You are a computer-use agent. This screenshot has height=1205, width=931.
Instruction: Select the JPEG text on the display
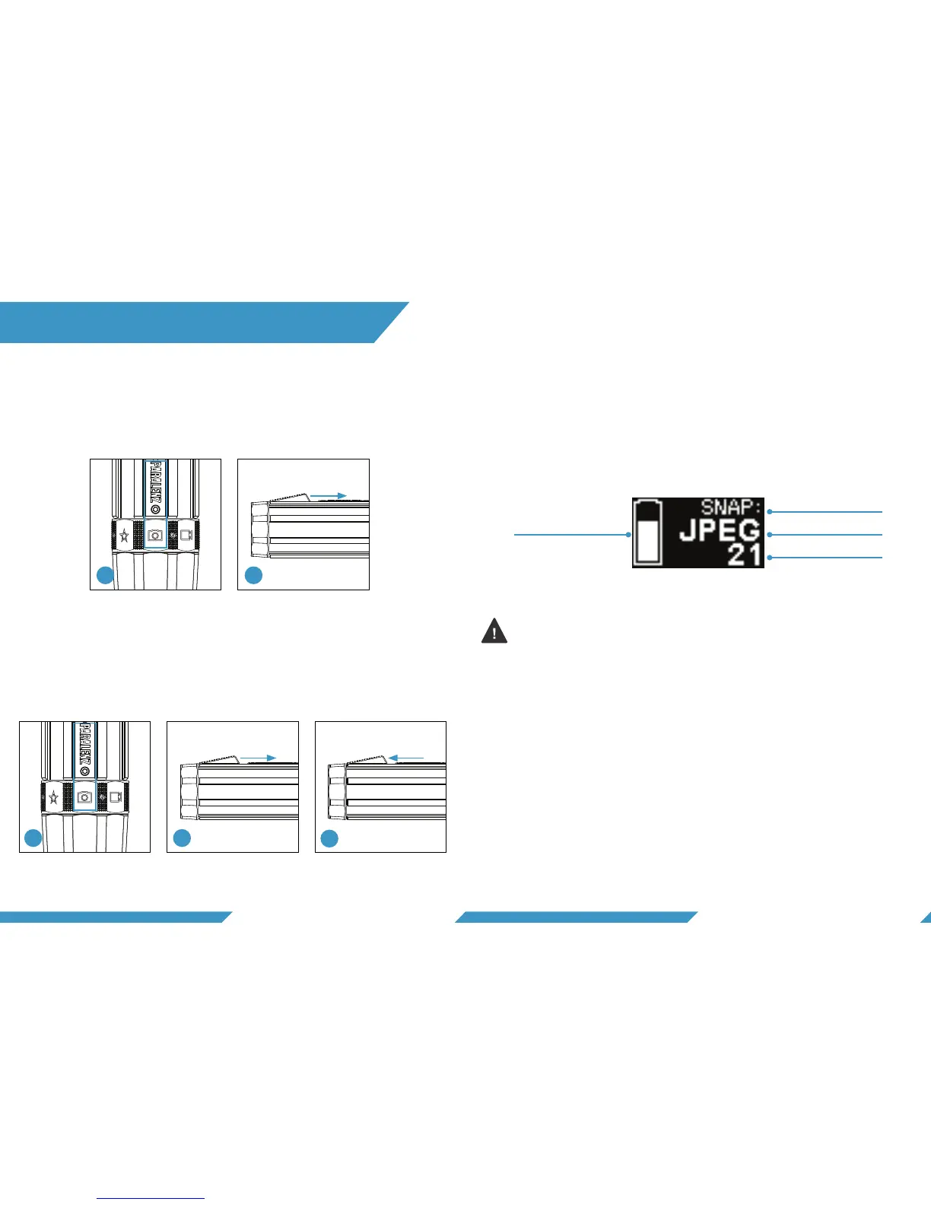(x=719, y=530)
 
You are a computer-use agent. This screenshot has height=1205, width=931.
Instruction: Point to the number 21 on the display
(x=744, y=555)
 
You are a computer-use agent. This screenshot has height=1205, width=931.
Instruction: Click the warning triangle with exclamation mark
(x=494, y=631)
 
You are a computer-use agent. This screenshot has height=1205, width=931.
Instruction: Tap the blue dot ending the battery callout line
(x=628, y=535)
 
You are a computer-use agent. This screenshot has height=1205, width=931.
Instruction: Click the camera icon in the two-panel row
(x=155, y=535)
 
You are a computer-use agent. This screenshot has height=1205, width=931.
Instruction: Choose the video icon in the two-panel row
(x=186, y=535)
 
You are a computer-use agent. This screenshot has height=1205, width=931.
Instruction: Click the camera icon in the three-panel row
(x=84, y=796)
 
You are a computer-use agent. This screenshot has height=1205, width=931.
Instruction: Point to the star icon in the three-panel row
(x=53, y=797)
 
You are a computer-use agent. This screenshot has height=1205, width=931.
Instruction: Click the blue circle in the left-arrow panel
(x=329, y=838)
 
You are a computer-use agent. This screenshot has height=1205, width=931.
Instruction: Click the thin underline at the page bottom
(x=151, y=1198)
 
